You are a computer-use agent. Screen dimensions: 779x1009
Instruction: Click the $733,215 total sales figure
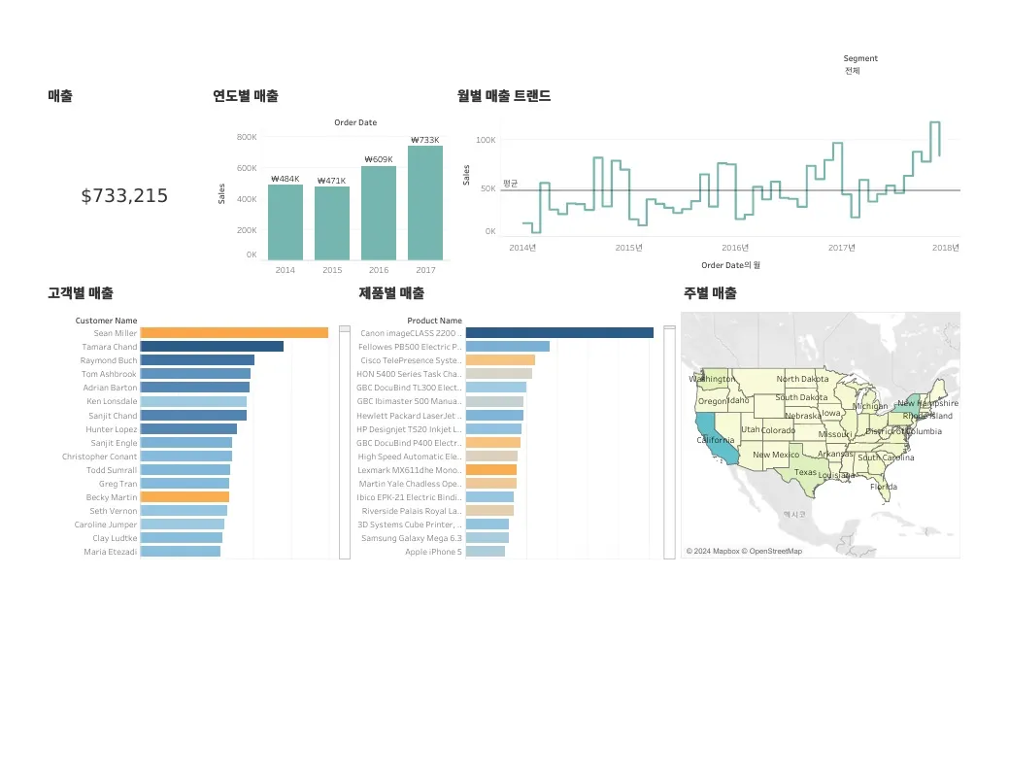pyautogui.click(x=124, y=196)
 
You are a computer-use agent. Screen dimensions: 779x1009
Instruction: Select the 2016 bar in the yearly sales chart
pyautogui.click(x=379, y=213)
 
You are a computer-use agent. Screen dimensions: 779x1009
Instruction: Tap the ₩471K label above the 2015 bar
pyautogui.click(x=331, y=180)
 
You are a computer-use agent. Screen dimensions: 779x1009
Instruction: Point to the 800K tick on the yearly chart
pyautogui.click(x=247, y=137)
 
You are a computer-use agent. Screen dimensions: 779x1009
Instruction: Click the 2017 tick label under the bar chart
pyautogui.click(x=425, y=269)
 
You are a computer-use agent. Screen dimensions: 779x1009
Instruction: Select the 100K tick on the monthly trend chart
pyautogui.click(x=486, y=140)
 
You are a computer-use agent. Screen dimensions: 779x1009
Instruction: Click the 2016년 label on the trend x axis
pyautogui.click(x=735, y=247)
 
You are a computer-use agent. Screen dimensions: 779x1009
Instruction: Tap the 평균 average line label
pyautogui.click(x=511, y=183)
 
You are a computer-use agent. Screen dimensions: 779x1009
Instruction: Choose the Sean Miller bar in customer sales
pyautogui.click(x=234, y=333)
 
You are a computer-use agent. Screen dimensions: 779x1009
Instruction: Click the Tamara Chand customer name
pyautogui.click(x=110, y=347)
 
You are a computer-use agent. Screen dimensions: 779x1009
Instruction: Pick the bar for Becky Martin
pyautogui.click(x=185, y=497)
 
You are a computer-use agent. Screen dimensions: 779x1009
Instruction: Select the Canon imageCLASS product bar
pyautogui.click(x=559, y=333)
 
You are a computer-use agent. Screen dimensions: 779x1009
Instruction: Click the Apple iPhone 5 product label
pyautogui.click(x=433, y=552)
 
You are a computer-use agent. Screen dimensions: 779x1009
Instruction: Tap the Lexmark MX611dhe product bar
pyautogui.click(x=491, y=470)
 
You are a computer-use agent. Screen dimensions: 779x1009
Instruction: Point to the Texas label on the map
pyautogui.click(x=806, y=473)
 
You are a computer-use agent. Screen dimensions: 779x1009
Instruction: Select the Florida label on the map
pyautogui.click(x=884, y=487)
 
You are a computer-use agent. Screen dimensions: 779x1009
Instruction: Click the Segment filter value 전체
pyautogui.click(x=853, y=71)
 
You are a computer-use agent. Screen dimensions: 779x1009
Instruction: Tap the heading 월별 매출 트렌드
pyautogui.click(x=504, y=96)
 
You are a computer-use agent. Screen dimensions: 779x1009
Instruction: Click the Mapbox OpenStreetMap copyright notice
pyautogui.click(x=744, y=551)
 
